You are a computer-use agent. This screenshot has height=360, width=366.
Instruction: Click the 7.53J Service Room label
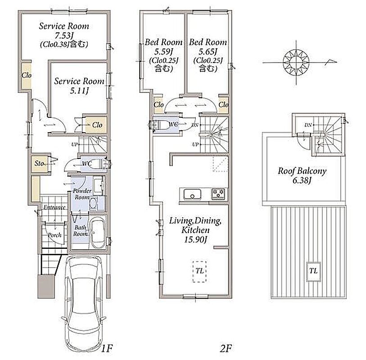click(x=64, y=35)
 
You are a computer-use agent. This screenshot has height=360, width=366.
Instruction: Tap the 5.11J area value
click(x=79, y=91)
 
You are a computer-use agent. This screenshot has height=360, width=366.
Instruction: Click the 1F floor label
click(x=107, y=348)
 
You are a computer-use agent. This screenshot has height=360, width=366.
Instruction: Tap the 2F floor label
click(x=226, y=348)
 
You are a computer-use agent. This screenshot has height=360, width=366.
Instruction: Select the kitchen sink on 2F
click(x=192, y=194)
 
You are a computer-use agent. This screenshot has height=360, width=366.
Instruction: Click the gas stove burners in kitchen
click(x=218, y=194)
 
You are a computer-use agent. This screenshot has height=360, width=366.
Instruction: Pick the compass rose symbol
click(x=296, y=62)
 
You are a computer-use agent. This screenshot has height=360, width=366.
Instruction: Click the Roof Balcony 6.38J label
click(x=302, y=175)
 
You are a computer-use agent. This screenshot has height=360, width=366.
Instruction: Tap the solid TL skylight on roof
click(x=313, y=271)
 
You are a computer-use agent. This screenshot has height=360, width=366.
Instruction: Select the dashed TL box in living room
click(x=199, y=271)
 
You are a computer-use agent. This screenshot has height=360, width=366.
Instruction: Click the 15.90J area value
click(x=195, y=239)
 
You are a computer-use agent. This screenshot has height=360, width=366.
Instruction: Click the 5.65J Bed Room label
click(x=208, y=55)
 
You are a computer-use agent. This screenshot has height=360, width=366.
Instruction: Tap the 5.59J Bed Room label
click(x=163, y=55)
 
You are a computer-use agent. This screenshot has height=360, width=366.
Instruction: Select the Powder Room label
click(x=82, y=194)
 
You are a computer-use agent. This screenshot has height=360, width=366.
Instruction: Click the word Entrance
click(x=54, y=207)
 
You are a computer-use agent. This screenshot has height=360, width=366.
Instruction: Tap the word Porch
click(x=54, y=235)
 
